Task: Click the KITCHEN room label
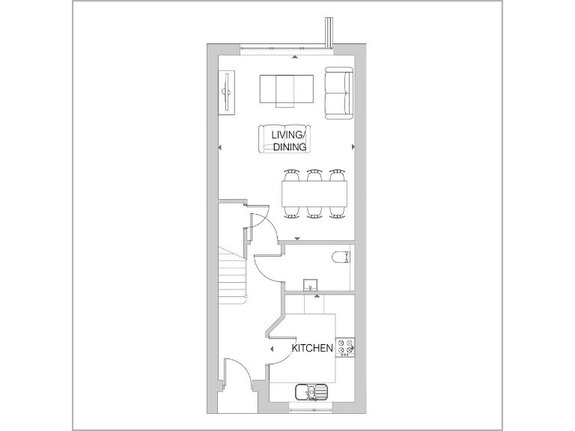tap(312, 349)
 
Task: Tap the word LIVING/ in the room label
tap(288, 135)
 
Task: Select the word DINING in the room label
tap(289, 147)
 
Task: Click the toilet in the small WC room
tap(341, 257)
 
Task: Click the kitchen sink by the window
tap(311, 391)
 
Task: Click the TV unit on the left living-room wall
tap(225, 92)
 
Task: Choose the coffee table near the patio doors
tap(287, 90)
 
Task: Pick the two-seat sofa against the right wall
tap(338, 94)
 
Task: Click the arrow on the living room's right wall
tap(354, 147)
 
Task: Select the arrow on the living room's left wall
tap(219, 147)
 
